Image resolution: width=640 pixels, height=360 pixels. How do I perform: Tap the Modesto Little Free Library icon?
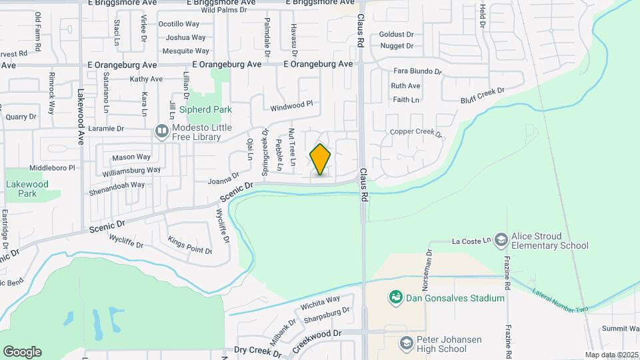161,132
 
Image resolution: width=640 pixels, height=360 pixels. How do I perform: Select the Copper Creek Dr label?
416,133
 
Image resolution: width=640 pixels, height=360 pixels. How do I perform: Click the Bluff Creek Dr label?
483,95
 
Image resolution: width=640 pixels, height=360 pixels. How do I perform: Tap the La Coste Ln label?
471,240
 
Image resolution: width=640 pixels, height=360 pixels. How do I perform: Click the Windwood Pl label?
291,105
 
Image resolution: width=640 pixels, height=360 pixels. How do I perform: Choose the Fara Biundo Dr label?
418,71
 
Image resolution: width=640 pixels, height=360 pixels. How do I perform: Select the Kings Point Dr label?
189,246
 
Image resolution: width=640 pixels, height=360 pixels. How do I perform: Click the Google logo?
22,352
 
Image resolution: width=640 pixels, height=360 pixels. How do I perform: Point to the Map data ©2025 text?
611,355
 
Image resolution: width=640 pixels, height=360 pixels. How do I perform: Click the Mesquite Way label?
187,51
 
